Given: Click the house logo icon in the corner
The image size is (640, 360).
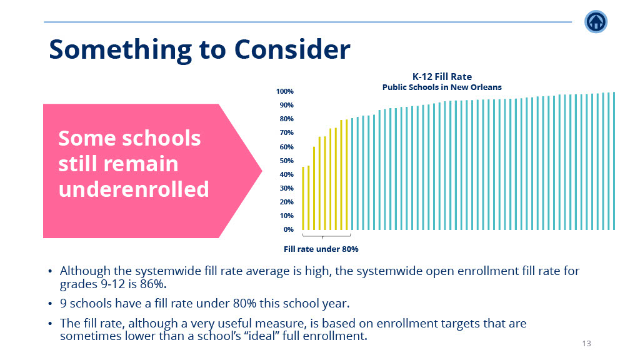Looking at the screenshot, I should (596, 22).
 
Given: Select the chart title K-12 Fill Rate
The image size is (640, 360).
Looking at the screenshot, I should (442, 77).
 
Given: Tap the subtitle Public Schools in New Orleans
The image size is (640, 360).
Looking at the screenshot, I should (442, 87).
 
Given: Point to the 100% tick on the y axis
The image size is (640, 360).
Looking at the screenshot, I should (285, 91).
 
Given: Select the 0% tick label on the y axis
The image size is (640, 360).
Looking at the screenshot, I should (289, 229).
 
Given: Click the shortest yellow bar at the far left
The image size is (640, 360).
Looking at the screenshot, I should (303, 198).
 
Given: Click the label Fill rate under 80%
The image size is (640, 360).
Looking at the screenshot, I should (321, 249).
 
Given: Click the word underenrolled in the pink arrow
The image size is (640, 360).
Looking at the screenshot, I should (134, 189).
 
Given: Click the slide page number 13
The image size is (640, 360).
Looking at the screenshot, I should (586, 344).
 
